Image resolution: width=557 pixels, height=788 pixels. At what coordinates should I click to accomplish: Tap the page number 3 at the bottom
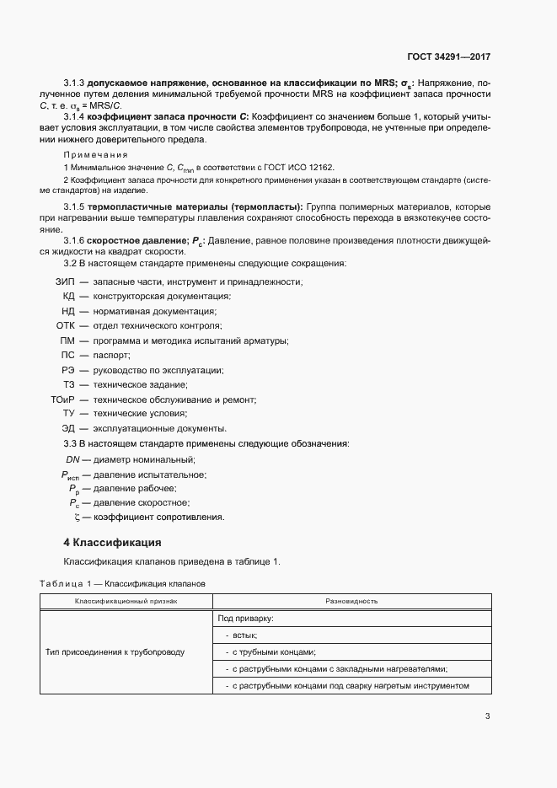tap(487, 716)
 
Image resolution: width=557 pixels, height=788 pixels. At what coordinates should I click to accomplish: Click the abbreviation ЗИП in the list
tap(65, 281)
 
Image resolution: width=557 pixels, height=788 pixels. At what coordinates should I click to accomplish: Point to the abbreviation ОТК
tap(66, 325)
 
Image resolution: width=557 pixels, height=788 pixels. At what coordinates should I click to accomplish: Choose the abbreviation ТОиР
tap(63, 399)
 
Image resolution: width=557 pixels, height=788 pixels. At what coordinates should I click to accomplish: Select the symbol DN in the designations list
tap(72, 459)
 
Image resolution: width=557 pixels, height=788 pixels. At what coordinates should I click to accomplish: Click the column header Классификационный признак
tap(126, 601)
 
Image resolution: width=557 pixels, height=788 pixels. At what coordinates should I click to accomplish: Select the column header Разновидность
tap(351, 601)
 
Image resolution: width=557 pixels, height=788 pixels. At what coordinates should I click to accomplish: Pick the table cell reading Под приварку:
tap(245, 619)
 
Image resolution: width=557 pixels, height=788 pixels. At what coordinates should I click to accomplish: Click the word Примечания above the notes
tap(95, 155)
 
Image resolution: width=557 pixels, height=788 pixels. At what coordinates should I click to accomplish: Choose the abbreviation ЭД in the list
tap(68, 428)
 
